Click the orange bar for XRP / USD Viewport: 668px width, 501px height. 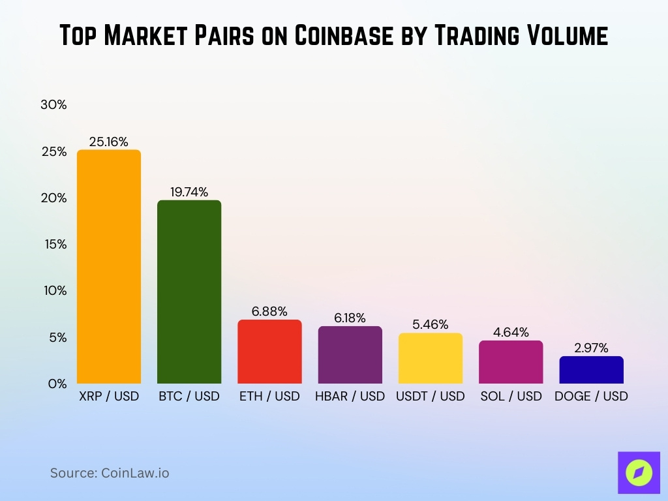[x=109, y=267]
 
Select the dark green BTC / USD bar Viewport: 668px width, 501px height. [x=189, y=292]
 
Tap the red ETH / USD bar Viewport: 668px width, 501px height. [x=269, y=352]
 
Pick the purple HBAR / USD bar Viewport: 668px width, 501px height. [x=350, y=355]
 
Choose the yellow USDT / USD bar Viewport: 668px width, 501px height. [x=430, y=358]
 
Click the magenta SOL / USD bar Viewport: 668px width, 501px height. [x=511, y=362]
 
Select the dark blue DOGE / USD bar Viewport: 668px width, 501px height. [x=591, y=370]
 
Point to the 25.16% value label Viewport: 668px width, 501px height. [x=109, y=142]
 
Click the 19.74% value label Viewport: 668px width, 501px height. [x=189, y=192]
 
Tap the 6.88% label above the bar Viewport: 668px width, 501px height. [x=269, y=311]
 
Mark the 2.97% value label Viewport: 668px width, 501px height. [x=591, y=348]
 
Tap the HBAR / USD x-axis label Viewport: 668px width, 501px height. [x=350, y=397]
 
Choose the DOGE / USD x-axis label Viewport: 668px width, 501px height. [x=591, y=397]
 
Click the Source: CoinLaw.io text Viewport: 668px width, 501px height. [x=110, y=473]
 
